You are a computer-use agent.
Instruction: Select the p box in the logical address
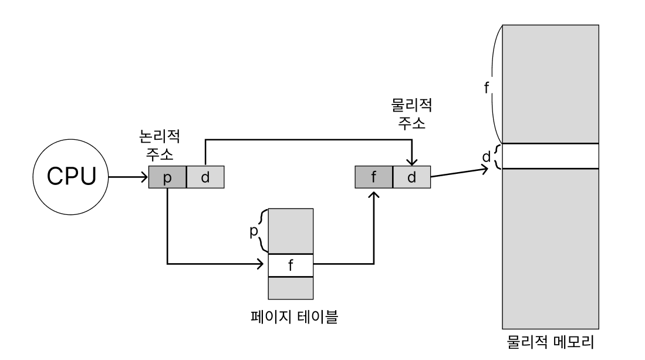(167, 177)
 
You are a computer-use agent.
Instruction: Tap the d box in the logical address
(205, 177)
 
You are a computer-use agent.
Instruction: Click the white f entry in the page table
(291, 265)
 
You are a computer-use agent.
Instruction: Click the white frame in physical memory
(551, 156)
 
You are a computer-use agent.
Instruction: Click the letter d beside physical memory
(485, 157)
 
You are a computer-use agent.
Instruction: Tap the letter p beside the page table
(254, 231)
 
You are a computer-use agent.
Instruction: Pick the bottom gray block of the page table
(291, 288)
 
